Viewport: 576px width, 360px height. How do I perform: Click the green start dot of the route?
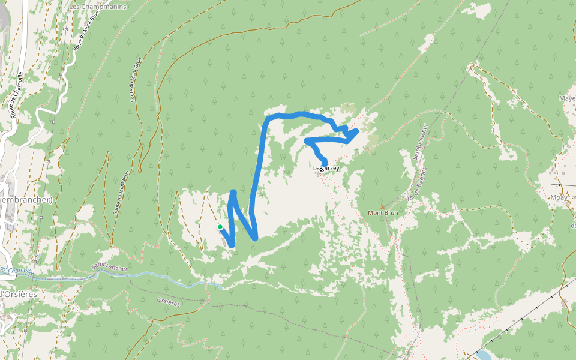220,226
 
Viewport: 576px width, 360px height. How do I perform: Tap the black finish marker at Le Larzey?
322,170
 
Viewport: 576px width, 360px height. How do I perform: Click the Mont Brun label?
383,212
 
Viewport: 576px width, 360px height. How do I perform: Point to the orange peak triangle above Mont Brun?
382,206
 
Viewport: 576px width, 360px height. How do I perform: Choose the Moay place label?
559,196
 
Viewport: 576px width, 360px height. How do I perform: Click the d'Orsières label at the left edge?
19,294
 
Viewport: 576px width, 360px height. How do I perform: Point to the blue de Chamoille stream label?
17,271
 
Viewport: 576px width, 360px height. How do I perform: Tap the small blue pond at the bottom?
481,355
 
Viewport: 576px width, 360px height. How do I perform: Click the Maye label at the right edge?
566,98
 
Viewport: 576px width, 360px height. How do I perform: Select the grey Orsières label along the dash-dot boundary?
167,302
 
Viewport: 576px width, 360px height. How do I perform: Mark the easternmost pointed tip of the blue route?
357,130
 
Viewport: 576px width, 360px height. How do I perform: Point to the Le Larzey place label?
327,169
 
